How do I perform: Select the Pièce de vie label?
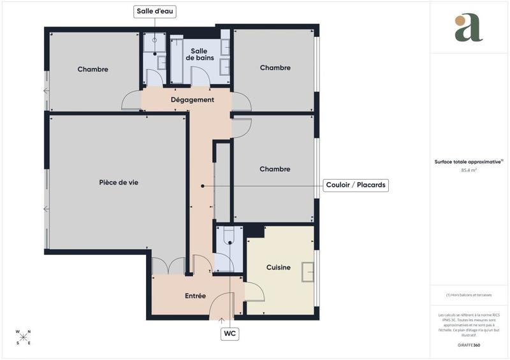coord(119,182)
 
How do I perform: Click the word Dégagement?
coord(193,100)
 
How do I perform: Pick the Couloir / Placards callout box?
coord(356,185)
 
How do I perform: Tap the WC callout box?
coord(229,333)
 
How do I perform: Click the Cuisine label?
coord(279,268)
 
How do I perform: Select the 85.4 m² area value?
coord(469,170)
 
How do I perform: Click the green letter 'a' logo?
coord(469,28)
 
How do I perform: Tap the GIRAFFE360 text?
coord(469,344)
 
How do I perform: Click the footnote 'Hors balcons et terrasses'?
coord(469,294)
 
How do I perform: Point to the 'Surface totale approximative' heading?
coord(469,162)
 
